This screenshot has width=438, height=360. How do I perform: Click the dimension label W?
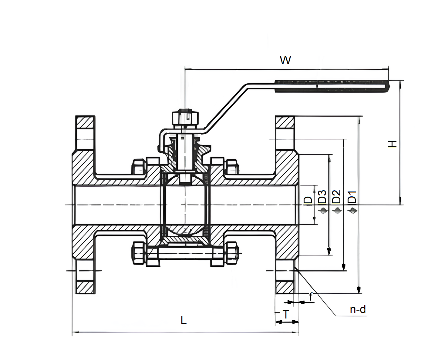[x=285, y=60]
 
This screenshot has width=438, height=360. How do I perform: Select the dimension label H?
[x=393, y=144]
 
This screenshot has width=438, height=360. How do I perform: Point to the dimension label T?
[x=286, y=315]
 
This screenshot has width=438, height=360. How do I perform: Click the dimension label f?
[x=311, y=296]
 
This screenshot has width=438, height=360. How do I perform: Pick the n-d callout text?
[x=358, y=309]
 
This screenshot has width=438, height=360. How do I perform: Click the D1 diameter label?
[x=352, y=197]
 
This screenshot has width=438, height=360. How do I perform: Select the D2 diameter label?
[x=336, y=196]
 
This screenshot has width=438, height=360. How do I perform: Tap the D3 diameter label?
[x=322, y=196]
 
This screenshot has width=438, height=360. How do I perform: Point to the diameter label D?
[x=308, y=200]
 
